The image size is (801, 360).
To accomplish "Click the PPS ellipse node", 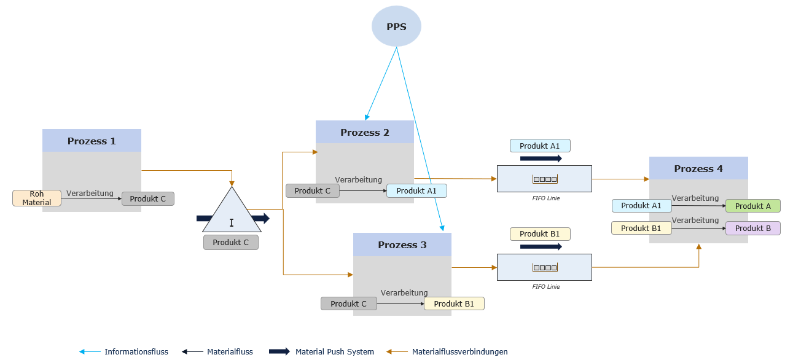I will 396,27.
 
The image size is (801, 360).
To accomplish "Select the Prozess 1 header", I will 92,141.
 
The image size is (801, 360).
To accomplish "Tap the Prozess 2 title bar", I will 364,132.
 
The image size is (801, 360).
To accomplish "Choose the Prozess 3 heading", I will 402,245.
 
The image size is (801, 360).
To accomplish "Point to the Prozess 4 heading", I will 698,168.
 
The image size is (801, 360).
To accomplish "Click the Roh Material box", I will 36,198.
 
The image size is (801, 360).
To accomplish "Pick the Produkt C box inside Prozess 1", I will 147,198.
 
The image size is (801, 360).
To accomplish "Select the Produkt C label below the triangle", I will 230,242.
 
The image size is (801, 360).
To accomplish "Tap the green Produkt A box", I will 752,206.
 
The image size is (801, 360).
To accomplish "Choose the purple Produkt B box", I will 752,228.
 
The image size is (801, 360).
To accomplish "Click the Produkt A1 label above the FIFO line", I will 539,146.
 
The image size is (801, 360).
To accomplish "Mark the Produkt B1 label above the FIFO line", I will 539,233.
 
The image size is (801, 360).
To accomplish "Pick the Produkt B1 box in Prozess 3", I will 453,303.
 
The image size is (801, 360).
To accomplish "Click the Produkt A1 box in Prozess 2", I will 416,190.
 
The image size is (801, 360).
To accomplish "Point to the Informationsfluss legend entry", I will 136,352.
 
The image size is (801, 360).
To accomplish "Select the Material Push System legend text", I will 334,352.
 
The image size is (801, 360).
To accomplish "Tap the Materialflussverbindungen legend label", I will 459,352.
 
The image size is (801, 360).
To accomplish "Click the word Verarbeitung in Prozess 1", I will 90,193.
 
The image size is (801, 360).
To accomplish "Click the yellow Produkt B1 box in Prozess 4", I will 641,228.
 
